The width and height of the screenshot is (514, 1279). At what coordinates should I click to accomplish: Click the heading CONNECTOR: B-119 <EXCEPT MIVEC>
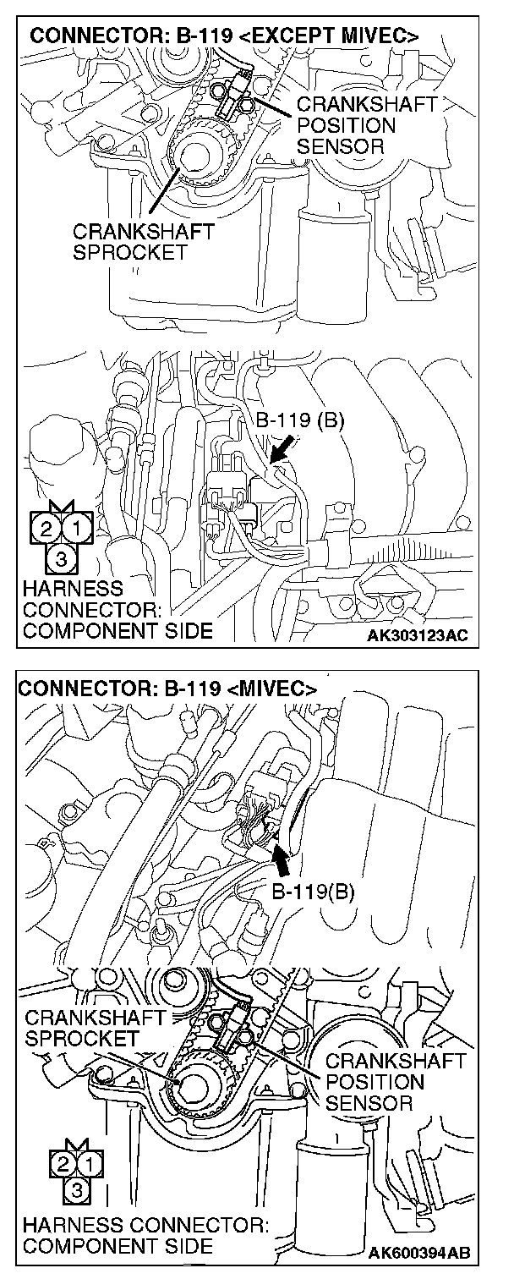coord(223,37)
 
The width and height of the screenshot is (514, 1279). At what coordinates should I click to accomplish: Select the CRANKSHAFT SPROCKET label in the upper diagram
coord(143,240)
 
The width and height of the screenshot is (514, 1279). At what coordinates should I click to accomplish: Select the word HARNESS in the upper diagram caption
coord(74,588)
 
